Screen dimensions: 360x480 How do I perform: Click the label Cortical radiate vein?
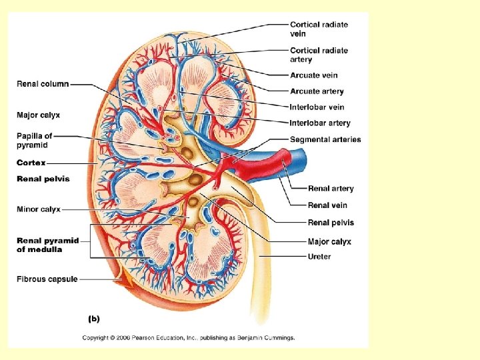coord(319,29)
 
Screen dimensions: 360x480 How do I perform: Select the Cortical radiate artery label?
coord(319,55)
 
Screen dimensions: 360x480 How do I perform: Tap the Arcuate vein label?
coord(313,75)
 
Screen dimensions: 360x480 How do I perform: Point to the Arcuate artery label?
coord(317,91)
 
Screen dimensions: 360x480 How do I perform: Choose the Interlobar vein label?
coord(317,107)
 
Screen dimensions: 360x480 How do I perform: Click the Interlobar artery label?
coord(320,123)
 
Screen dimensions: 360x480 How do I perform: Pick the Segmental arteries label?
coord(325,139)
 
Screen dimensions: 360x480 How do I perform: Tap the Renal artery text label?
coord(331,189)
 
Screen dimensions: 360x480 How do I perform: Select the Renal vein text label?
coord(327,205)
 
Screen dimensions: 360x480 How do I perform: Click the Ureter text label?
coord(319,257)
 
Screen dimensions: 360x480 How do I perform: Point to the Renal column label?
coord(43,84)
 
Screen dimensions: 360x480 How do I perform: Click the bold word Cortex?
coord(31,163)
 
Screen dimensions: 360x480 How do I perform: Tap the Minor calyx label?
coord(39,209)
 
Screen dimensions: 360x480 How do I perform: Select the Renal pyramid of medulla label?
coord(47,245)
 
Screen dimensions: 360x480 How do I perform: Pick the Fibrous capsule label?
coord(47,279)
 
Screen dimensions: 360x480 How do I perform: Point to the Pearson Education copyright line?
coord(188,337)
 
